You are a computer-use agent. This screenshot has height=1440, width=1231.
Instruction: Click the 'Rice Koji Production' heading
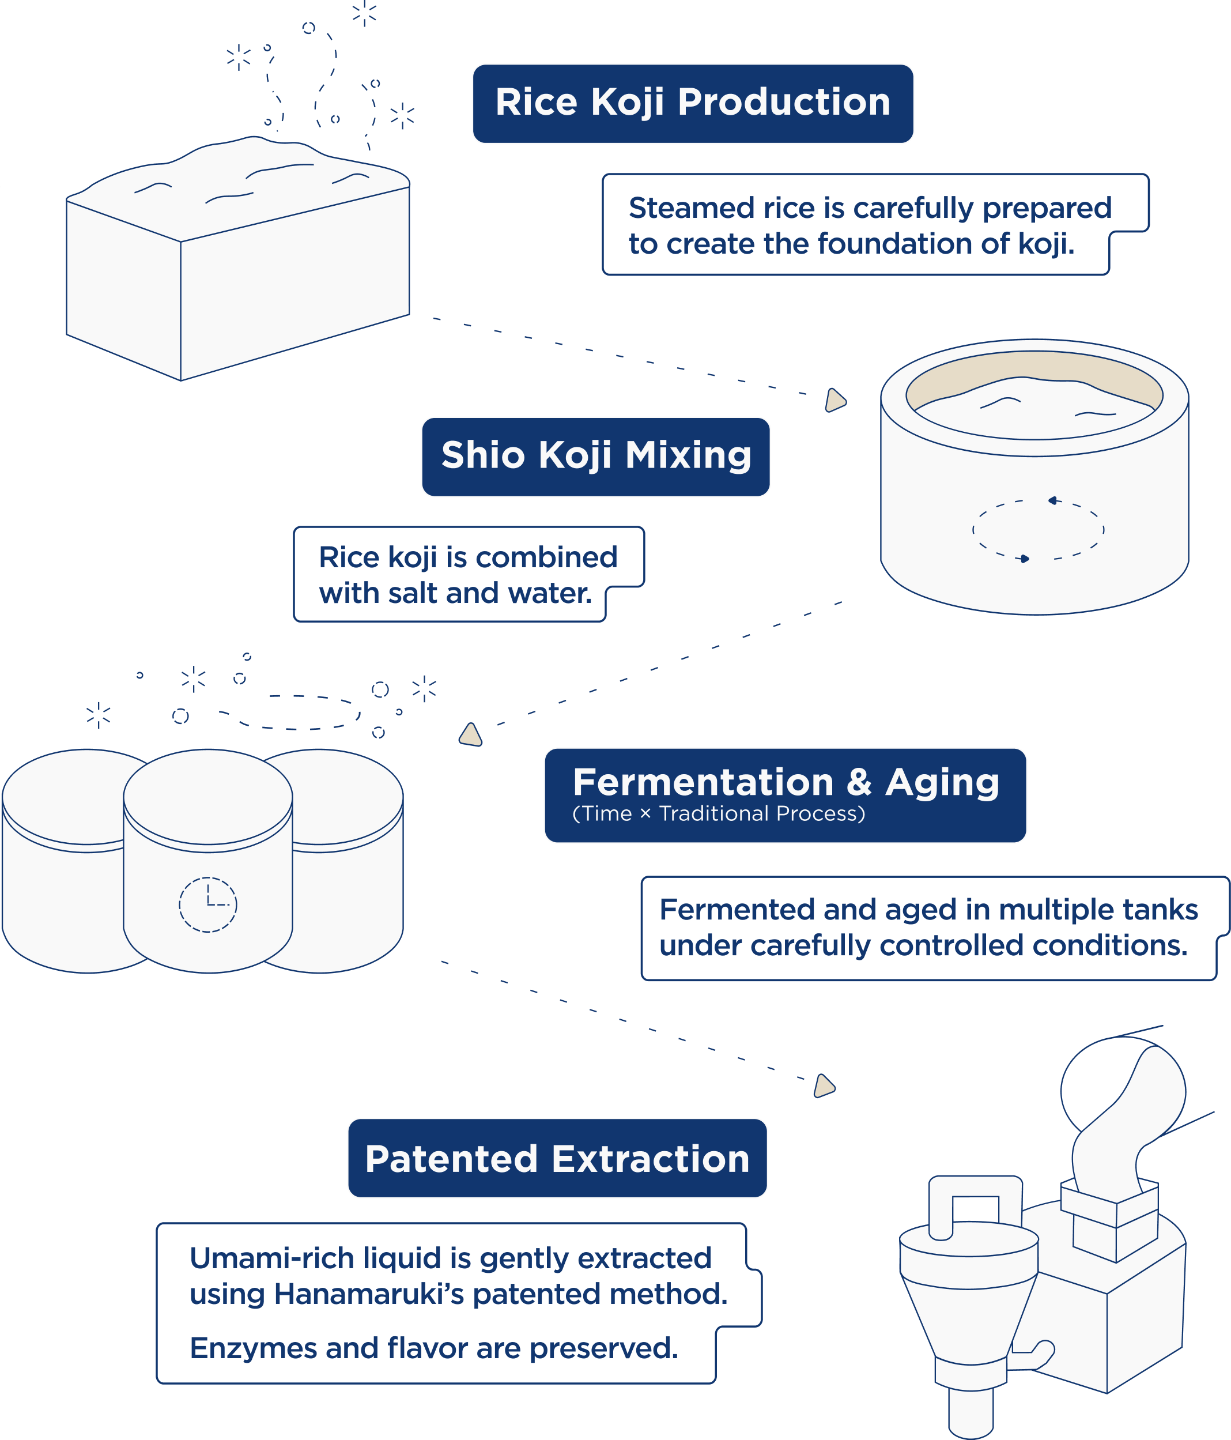[x=693, y=103]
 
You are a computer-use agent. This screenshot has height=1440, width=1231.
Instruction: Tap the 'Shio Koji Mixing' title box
[x=596, y=456]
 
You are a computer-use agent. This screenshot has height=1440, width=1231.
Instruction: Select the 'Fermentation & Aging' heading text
[x=786, y=783]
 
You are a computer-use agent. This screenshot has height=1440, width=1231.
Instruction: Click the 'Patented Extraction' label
[x=557, y=1159]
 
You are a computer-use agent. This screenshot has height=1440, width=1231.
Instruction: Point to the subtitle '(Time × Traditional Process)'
[x=718, y=814]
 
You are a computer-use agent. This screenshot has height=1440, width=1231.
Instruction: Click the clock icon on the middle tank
[x=207, y=904]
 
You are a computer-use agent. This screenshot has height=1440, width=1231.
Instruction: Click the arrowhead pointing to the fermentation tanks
[x=471, y=734]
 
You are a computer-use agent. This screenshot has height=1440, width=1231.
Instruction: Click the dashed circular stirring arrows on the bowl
[x=1038, y=530]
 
